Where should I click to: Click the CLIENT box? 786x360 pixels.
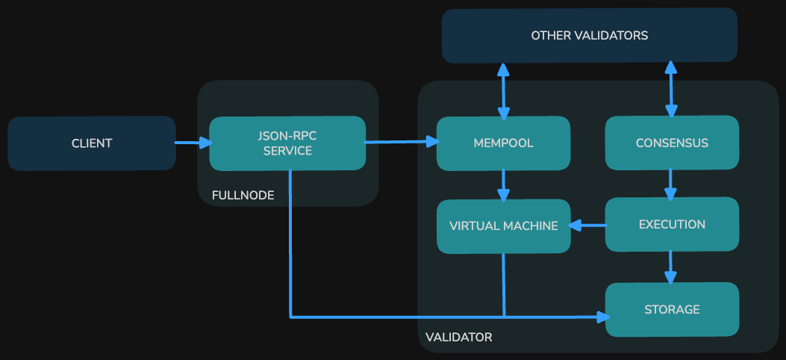click(x=92, y=143)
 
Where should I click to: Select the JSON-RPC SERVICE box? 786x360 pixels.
click(x=287, y=143)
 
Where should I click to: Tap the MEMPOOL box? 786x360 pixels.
click(x=503, y=143)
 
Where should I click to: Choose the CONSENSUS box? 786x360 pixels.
click(x=672, y=143)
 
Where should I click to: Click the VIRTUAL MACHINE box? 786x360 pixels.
click(x=503, y=226)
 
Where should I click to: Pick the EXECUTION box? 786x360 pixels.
click(x=672, y=225)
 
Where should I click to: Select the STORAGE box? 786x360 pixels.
click(x=672, y=309)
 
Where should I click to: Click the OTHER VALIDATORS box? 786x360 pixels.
click(x=589, y=35)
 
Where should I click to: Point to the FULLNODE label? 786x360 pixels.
click(x=243, y=196)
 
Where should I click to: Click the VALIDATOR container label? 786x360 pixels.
click(x=458, y=338)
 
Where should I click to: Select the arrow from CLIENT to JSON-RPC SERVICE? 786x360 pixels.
click(x=193, y=143)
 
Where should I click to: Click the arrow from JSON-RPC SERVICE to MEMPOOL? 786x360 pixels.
click(x=400, y=141)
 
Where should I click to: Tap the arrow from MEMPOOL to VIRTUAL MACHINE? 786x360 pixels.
click(x=504, y=184)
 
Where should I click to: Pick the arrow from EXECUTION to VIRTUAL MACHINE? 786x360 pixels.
click(x=587, y=225)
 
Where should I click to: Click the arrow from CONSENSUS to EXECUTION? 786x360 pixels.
click(x=670, y=183)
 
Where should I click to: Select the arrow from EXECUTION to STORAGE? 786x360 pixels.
click(x=670, y=267)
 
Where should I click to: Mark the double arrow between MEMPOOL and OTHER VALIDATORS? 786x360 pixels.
click(x=503, y=90)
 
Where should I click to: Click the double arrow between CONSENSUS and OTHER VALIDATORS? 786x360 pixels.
click(x=671, y=90)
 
